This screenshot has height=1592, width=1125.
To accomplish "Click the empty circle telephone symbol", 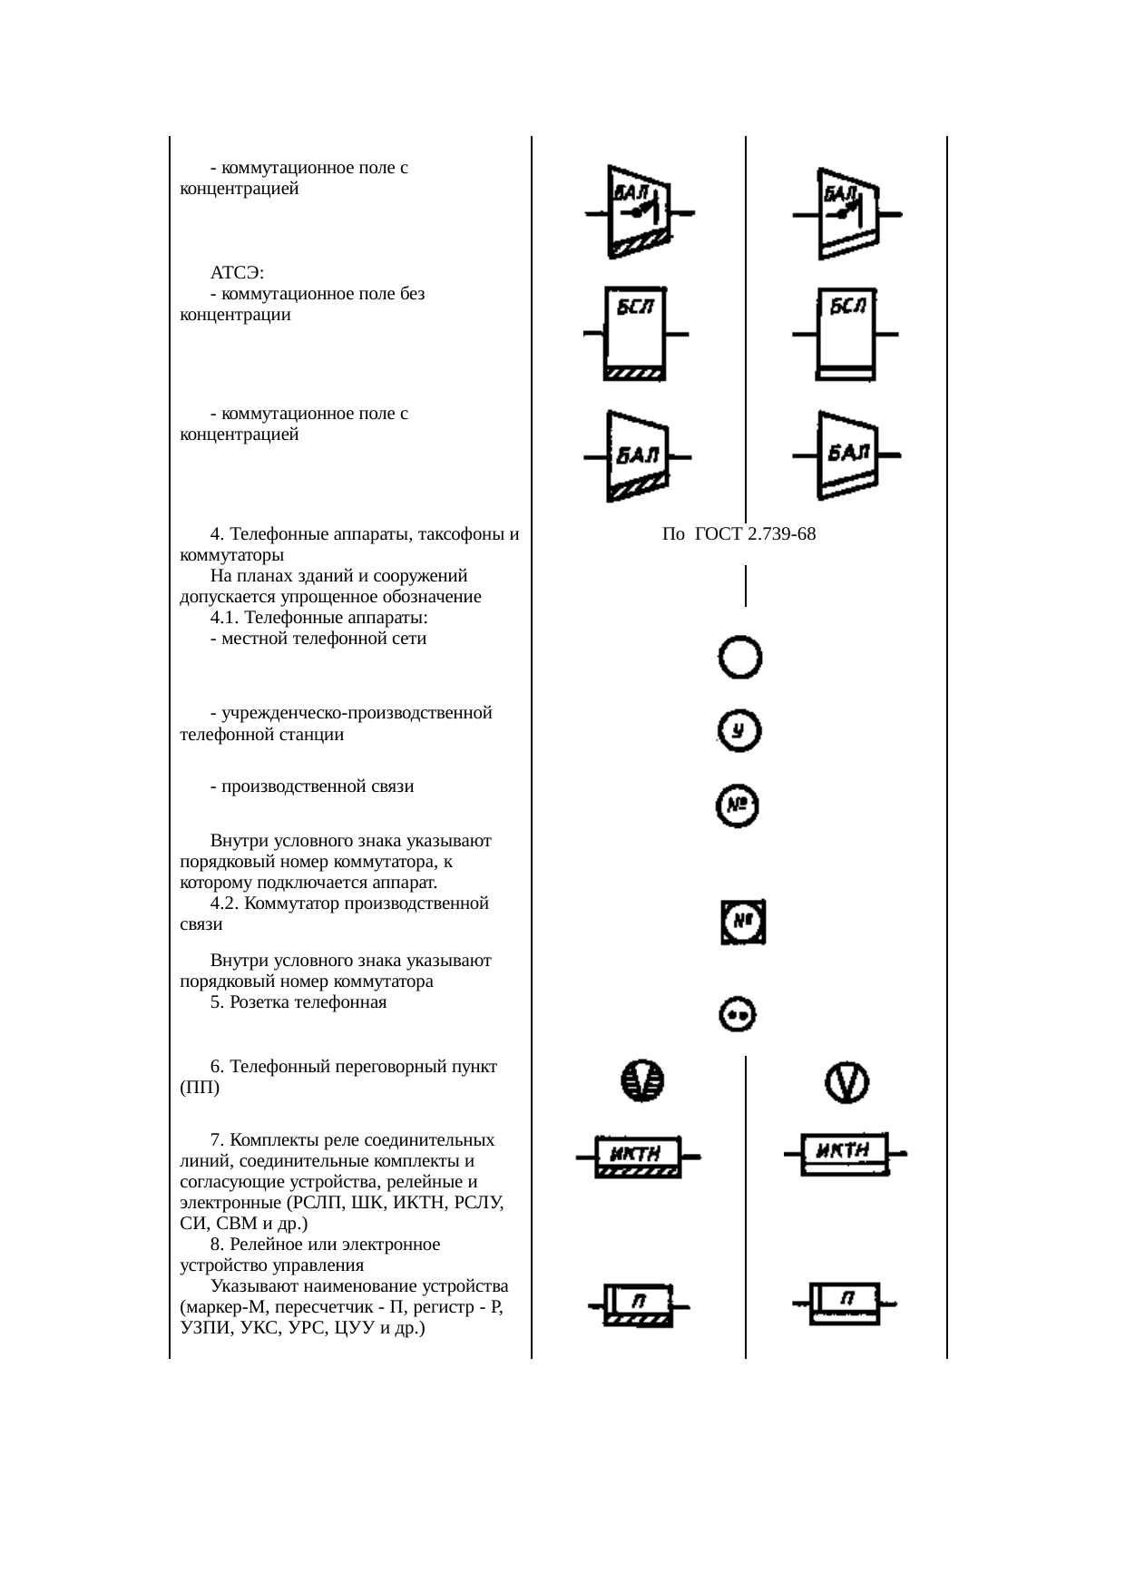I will click(739, 658).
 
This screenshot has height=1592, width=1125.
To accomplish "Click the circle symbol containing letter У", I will click(739, 731).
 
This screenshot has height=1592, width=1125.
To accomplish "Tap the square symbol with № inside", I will click(743, 923).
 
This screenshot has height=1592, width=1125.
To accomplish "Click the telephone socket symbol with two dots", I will click(738, 1015).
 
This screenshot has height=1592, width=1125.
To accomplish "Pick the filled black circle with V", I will click(642, 1081).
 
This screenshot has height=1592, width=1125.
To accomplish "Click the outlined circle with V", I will click(846, 1082).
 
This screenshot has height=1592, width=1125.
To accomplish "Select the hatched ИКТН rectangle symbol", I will click(639, 1157).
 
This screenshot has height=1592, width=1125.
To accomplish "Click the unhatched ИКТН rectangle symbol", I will click(845, 1154).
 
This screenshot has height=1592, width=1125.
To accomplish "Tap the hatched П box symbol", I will click(639, 1305).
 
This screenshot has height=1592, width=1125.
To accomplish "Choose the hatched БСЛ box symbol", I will click(635, 334).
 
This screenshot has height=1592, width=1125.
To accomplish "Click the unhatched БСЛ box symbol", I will click(846, 334).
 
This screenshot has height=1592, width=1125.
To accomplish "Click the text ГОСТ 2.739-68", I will click(755, 534).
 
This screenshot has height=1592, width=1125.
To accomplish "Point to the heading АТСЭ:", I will click(238, 273).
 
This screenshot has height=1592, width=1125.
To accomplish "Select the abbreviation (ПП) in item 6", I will click(200, 1088).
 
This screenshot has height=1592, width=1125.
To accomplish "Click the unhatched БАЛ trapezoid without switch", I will click(846, 454).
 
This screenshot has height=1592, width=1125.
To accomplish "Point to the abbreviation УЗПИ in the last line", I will click(204, 1329).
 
